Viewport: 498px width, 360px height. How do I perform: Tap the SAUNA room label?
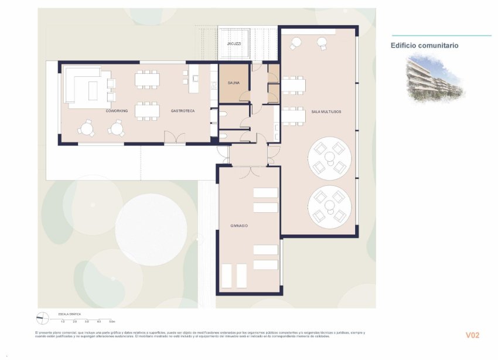pyautogui.click(x=233, y=83)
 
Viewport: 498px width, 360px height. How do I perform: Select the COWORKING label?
pyautogui.click(x=117, y=111)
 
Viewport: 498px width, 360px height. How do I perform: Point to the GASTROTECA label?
pyautogui.click(x=183, y=111)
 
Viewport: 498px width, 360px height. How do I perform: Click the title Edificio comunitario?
pyautogui.click(x=424, y=45)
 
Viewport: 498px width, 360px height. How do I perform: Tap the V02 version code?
pyautogui.click(x=472, y=335)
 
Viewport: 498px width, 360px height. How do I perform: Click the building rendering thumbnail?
pyautogui.click(x=434, y=77)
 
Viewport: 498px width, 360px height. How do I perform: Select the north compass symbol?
pyautogui.click(x=42, y=318)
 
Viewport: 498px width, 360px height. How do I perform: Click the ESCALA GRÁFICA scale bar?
pyautogui.click(x=88, y=320)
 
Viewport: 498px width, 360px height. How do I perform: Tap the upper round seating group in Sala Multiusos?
pyautogui.click(x=329, y=157)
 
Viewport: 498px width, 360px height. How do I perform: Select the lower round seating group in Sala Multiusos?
pyautogui.click(x=329, y=206)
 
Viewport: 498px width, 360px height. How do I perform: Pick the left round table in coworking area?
pyautogui.click(x=87, y=127)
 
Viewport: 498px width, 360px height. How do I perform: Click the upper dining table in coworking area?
pyautogui.click(x=147, y=79)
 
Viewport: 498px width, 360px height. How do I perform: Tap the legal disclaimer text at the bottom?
pyautogui.click(x=199, y=334)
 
